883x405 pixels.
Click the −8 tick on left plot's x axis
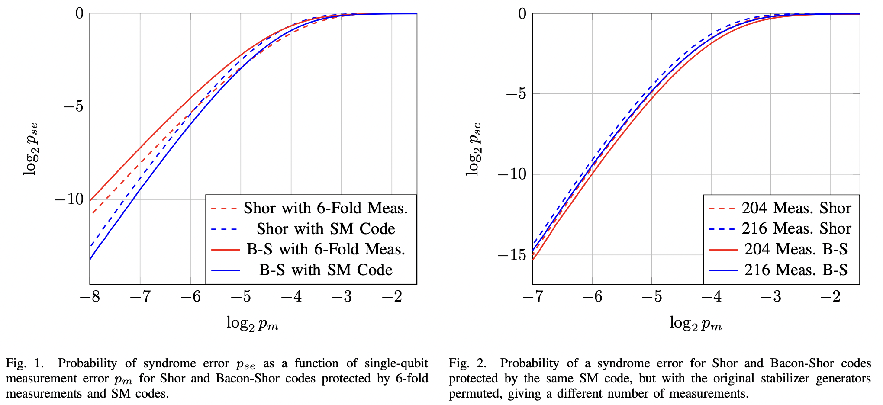pyautogui.click(x=90, y=297)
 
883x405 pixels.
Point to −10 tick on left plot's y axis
pyautogui.click(x=69, y=199)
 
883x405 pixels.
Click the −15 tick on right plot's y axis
pyautogui.click(x=512, y=255)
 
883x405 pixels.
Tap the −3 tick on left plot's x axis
pyautogui.click(x=342, y=297)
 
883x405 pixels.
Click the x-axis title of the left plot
pyautogui.click(x=252, y=323)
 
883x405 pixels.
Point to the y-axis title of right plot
pyautogui.click(x=474, y=149)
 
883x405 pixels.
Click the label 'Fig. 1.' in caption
pyautogui.click(x=25, y=363)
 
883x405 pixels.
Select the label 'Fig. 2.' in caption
pyautogui.click(x=467, y=363)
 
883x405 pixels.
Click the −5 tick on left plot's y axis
pyautogui.click(x=73, y=106)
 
